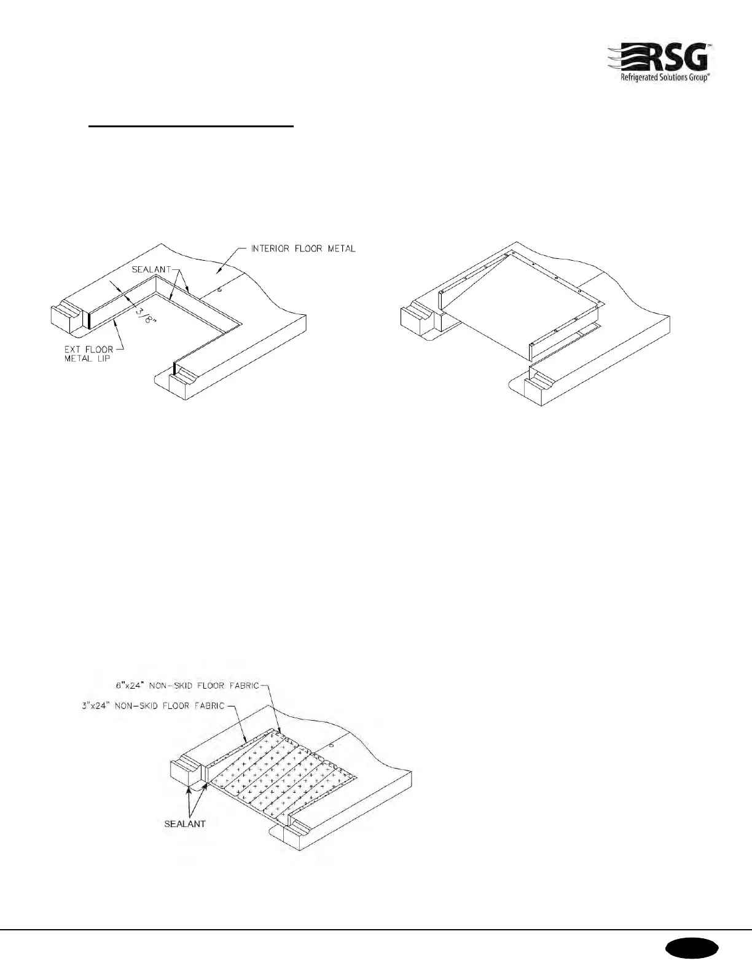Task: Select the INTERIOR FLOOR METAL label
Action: (303, 249)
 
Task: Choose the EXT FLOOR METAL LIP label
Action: (89, 354)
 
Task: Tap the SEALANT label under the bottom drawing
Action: (184, 823)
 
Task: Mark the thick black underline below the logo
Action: (192, 127)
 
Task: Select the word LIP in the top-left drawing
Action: (102, 358)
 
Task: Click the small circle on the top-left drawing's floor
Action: (219, 288)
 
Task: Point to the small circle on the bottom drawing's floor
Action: (331, 745)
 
